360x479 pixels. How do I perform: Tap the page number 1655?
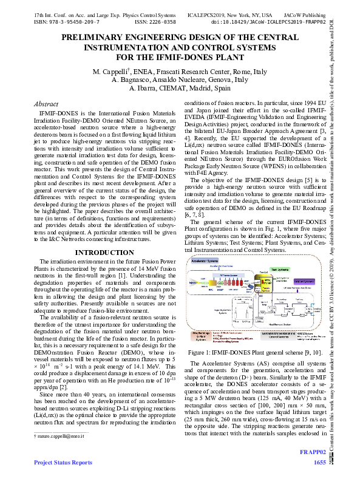click(319, 463)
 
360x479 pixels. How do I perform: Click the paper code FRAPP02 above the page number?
click(313, 453)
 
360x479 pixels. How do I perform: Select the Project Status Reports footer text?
click(63, 463)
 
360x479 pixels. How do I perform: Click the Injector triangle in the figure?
click(198, 282)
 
